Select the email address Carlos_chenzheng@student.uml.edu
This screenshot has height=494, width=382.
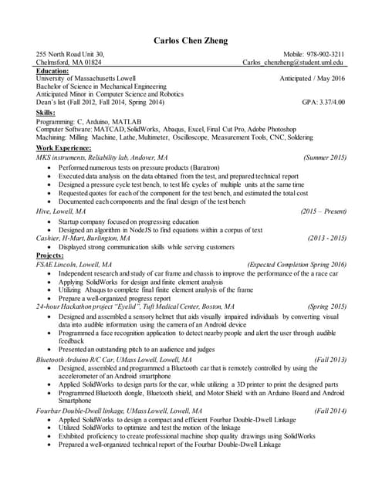293,62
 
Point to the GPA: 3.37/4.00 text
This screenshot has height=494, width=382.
323,101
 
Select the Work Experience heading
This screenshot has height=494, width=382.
64,147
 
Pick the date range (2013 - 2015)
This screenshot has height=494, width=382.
326,238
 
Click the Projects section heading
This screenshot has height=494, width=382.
49,255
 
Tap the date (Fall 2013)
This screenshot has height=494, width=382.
330,360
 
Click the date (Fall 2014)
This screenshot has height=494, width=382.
330,411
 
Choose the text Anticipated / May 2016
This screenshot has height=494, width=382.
313,79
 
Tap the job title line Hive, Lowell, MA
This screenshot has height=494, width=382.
61,210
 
